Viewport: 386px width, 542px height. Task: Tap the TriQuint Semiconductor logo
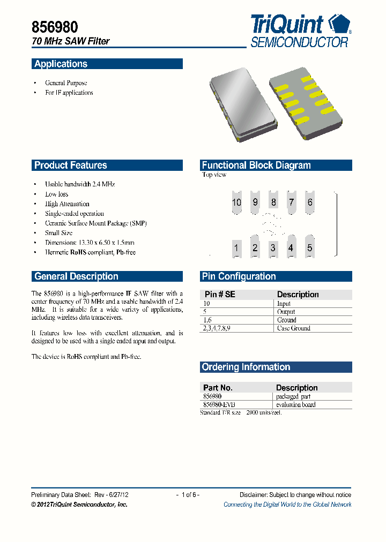click(x=301, y=32)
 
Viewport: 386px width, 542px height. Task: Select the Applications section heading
click(x=61, y=64)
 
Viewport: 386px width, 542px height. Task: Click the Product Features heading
click(x=71, y=165)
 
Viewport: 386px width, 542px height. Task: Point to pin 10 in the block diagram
click(x=236, y=202)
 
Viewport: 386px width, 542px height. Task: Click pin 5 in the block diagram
click(x=309, y=247)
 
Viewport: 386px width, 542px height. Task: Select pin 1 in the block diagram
click(x=236, y=247)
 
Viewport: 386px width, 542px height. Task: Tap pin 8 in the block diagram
click(x=273, y=202)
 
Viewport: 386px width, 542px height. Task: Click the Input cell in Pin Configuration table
click(x=284, y=304)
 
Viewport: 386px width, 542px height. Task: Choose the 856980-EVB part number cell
click(x=219, y=405)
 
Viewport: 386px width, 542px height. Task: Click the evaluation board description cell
click(x=295, y=405)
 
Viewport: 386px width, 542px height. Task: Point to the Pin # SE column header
click(x=220, y=295)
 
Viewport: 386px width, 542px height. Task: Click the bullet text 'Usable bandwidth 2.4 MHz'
click(x=80, y=184)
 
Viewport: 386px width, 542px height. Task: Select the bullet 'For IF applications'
click(x=69, y=93)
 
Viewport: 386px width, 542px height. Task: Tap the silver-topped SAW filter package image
click(x=242, y=104)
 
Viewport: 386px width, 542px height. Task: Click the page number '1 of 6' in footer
click(x=188, y=495)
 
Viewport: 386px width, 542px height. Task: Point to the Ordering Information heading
click(x=246, y=367)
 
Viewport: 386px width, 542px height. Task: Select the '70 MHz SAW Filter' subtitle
click(x=70, y=41)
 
